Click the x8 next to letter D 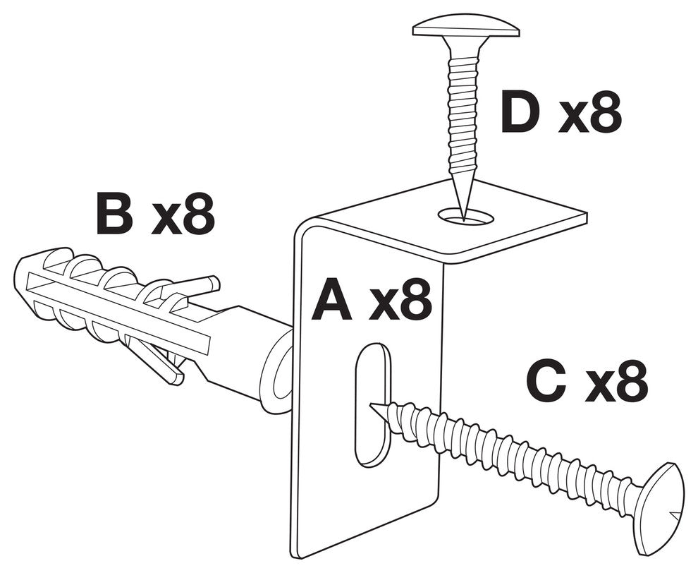click(590, 112)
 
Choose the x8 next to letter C click(616, 381)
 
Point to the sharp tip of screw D click(464, 220)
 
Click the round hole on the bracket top click(466, 216)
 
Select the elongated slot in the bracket click(373, 405)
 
